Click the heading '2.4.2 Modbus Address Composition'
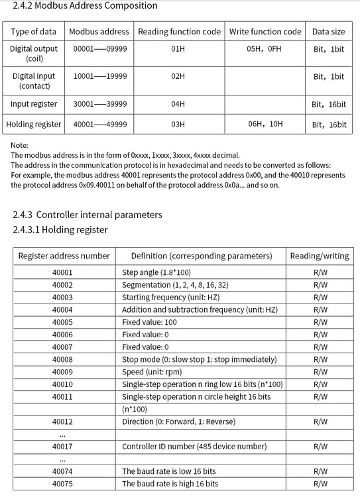click(x=86, y=6)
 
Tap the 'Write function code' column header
click(x=265, y=32)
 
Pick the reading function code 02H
click(x=177, y=77)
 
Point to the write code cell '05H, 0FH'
click(x=265, y=49)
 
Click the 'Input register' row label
click(x=34, y=104)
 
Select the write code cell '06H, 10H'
click(x=265, y=125)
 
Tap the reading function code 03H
click(x=177, y=125)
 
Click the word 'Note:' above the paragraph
click(x=20, y=145)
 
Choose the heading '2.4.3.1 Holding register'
click(x=60, y=230)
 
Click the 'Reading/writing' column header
click(x=320, y=256)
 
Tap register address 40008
click(x=62, y=359)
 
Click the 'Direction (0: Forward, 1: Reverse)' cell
click(x=178, y=421)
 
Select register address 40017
click(x=62, y=447)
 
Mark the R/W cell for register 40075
click(x=320, y=484)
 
